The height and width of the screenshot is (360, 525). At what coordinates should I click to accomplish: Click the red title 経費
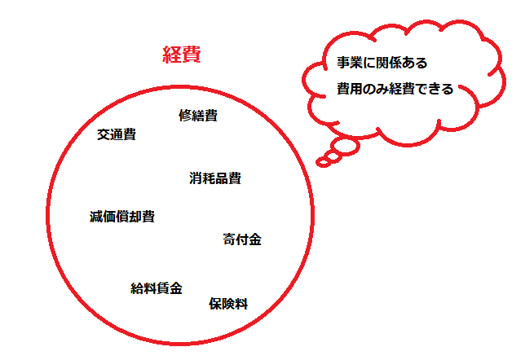click(181, 55)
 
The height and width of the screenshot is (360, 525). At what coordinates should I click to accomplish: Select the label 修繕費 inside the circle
click(198, 115)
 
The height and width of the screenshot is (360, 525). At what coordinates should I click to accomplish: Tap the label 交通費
click(116, 134)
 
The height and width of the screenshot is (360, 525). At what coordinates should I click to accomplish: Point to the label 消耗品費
click(214, 178)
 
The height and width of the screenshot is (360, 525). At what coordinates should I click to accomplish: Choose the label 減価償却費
click(121, 217)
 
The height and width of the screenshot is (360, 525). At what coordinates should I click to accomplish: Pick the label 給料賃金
click(156, 288)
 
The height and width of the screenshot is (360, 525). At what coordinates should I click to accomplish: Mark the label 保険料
click(227, 304)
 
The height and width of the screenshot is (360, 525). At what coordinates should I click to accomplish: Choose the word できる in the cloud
click(435, 89)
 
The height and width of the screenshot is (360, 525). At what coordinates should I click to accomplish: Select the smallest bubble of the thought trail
click(324, 162)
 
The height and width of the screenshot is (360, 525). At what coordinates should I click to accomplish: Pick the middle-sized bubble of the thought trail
click(333, 154)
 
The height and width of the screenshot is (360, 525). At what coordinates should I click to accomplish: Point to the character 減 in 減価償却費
click(96, 217)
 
